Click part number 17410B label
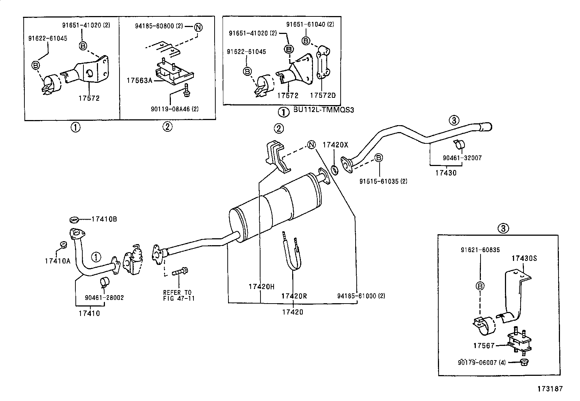point(104,219)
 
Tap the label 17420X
point(335,145)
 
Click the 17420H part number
point(261,286)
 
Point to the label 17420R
point(294,296)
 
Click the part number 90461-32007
point(462,158)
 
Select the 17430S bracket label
point(524,258)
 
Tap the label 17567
point(484,345)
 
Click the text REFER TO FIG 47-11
point(179,295)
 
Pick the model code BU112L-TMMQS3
point(324,109)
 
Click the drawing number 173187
point(550,389)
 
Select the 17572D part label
point(322,95)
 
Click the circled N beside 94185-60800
point(198,27)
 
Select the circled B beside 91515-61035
point(379,158)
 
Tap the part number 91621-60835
point(480,250)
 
